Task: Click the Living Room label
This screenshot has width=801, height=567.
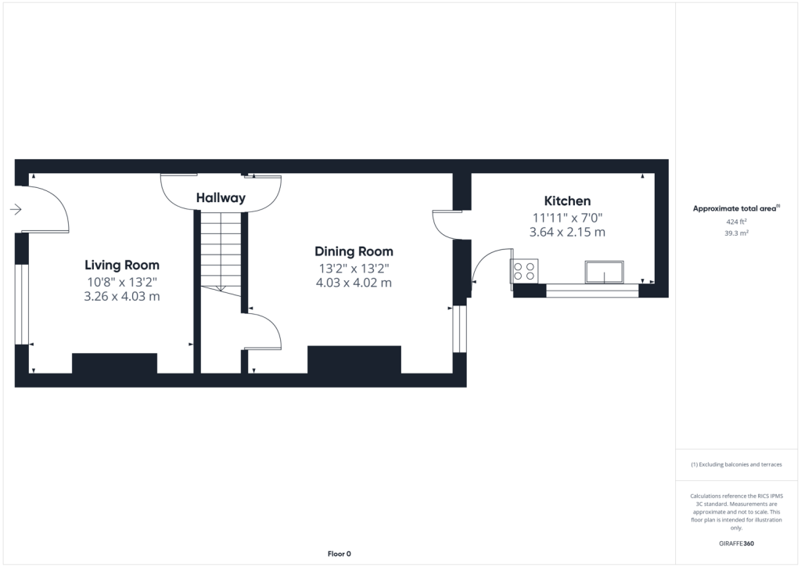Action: pyautogui.click(x=122, y=265)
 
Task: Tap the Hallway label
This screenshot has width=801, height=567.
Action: pyautogui.click(x=221, y=198)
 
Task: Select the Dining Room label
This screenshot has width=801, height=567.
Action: pyautogui.click(x=354, y=251)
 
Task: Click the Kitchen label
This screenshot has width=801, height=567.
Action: pyautogui.click(x=568, y=201)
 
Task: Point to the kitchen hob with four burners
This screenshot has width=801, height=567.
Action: pyautogui.click(x=524, y=271)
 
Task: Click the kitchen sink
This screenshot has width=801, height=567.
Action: pyautogui.click(x=605, y=272)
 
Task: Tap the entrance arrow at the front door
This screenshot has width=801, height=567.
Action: pyautogui.click(x=16, y=209)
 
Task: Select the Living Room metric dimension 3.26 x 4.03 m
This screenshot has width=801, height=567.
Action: pyautogui.click(x=122, y=297)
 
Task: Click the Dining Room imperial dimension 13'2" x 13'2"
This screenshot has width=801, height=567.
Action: pyautogui.click(x=354, y=269)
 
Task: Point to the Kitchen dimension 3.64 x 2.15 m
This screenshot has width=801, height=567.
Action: pyautogui.click(x=568, y=232)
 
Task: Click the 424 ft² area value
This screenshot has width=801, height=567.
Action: pyautogui.click(x=737, y=222)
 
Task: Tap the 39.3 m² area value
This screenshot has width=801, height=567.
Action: pyautogui.click(x=737, y=233)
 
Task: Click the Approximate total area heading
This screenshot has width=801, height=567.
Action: pyautogui.click(x=736, y=208)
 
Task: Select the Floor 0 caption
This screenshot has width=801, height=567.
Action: pyautogui.click(x=339, y=554)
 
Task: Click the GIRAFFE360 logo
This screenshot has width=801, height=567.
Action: pyautogui.click(x=736, y=544)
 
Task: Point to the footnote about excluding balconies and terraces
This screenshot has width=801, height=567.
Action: pyautogui.click(x=736, y=464)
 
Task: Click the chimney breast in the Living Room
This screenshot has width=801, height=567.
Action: pyautogui.click(x=114, y=363)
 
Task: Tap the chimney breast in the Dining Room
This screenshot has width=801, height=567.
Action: pyautogui.click(x=354, y=359)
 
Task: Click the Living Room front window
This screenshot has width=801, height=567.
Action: pyautogui.click(x=21, y=304)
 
